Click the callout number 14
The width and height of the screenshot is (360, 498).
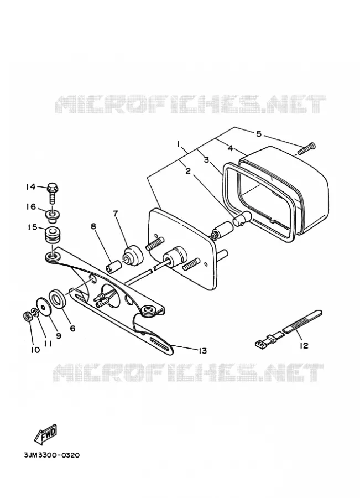(31, 187)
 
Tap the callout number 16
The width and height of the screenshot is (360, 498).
(31, 207)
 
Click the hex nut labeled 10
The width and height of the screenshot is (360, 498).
(28, 317)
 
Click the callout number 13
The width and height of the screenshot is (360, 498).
(202, 350)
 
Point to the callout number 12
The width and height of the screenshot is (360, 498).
(304, 345)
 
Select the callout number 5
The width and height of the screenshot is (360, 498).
(259, 134)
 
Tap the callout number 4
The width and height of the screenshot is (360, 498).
(230, 148)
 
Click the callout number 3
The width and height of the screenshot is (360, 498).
(206, 160)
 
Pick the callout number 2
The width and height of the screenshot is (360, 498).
(188, 171)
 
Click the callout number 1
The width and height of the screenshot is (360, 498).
(179, 144)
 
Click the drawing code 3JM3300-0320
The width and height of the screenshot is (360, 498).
(52, 455)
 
